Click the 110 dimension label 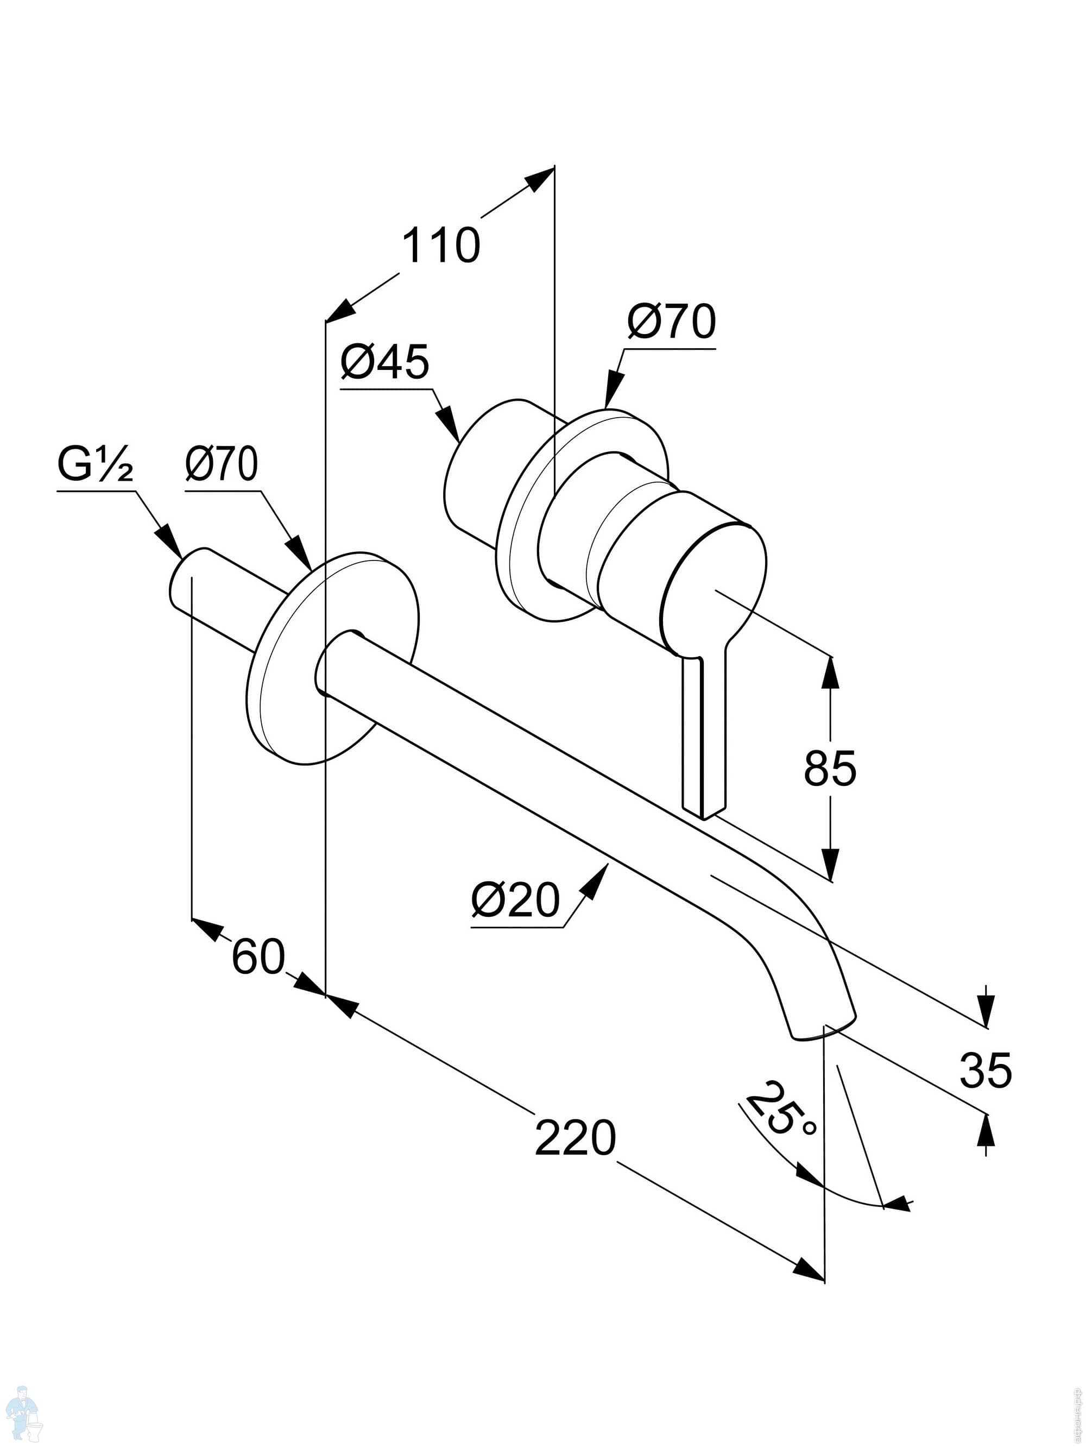pos(440,245)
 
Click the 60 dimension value pos(258,956)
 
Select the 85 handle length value pos(829,768)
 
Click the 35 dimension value pos(985,1069)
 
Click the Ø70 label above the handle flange pos(672,322)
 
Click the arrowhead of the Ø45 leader pos(450,426)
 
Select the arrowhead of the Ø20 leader pos(598,877)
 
